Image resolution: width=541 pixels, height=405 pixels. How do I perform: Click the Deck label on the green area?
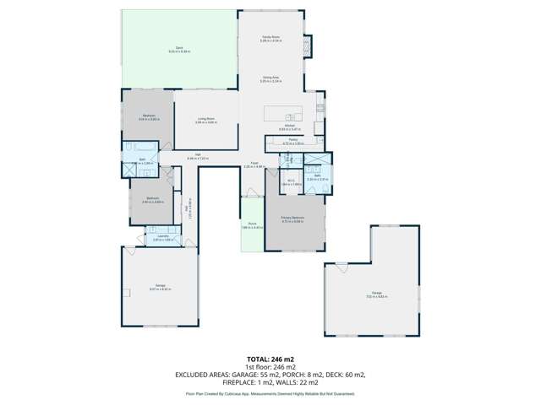click(179, 48)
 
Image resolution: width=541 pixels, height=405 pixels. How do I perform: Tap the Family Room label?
click(270, 38)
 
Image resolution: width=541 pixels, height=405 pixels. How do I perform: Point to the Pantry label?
click(292, 140)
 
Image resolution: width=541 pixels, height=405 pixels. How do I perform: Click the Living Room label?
click(206, 120)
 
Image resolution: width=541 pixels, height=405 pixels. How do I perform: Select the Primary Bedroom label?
click(292, 219)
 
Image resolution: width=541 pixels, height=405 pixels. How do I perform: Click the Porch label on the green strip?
click(252, 225)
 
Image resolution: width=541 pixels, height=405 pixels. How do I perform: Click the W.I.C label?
click(291, 181)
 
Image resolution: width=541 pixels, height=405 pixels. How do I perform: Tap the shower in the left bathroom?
click(131, 169)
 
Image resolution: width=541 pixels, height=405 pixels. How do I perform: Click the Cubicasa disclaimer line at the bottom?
click(270, 394)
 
